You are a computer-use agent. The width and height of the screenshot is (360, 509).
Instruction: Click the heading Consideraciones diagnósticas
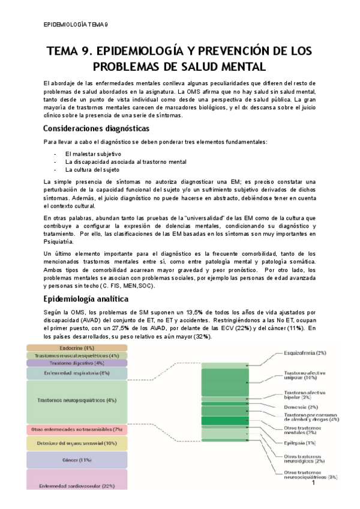[x=96, y=128]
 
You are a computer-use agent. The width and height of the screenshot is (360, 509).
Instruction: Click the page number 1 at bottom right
[x=313, y=482]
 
